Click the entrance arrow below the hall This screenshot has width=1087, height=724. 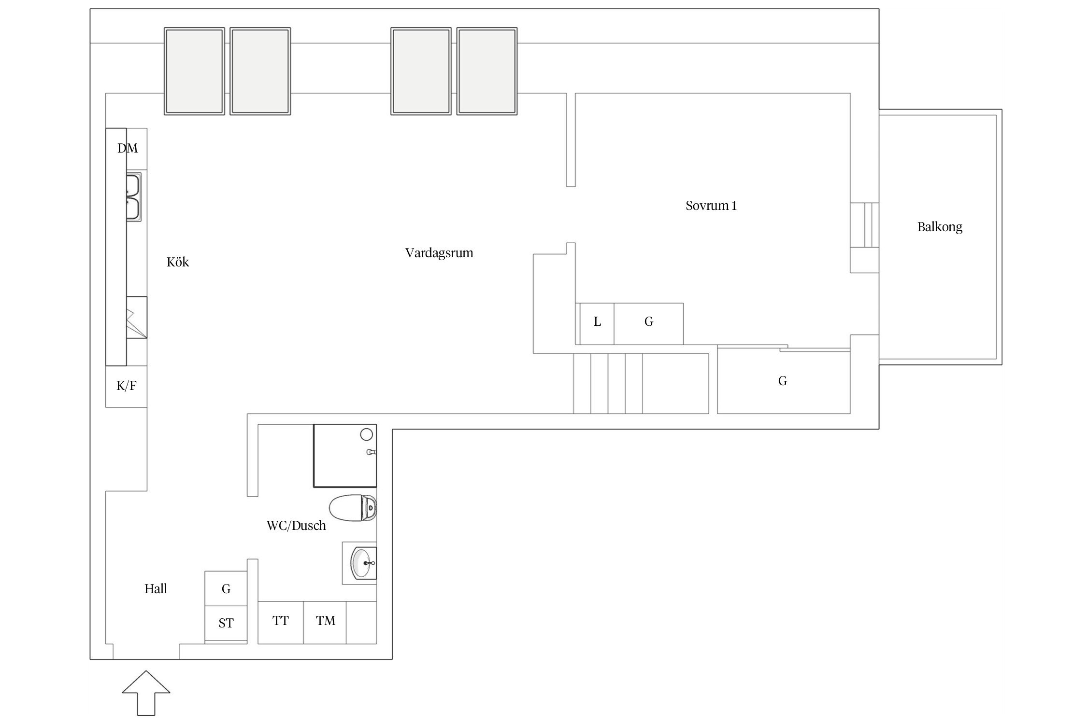pos(146,693)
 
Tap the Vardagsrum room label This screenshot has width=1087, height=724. pos(439,253)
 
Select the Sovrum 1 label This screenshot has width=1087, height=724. pos(711,206)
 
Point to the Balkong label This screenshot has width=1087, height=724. pos(940,227)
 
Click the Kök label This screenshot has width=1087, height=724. pos(178,262)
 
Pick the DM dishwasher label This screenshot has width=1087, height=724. pos(128,148)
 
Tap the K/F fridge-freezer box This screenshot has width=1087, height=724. pos(127,386)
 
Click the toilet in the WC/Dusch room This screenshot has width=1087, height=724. pos(353,508)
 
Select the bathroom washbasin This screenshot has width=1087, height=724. pos(364,563)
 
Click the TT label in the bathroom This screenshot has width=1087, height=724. pos(281,621)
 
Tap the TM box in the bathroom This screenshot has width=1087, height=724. pos(325,622)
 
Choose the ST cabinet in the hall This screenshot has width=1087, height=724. pos(226,624)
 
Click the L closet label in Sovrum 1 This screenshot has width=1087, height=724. pos(598,322)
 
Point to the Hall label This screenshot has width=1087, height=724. pos(156,589)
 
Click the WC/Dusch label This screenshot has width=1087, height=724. pos(296,526)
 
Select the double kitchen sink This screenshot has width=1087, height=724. pos(134,197)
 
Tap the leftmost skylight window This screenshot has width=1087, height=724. pos(194,71)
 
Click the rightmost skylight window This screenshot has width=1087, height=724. pos(487,71)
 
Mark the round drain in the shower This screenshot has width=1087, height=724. pos(367,434)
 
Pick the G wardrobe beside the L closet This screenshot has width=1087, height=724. pos(648,324)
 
